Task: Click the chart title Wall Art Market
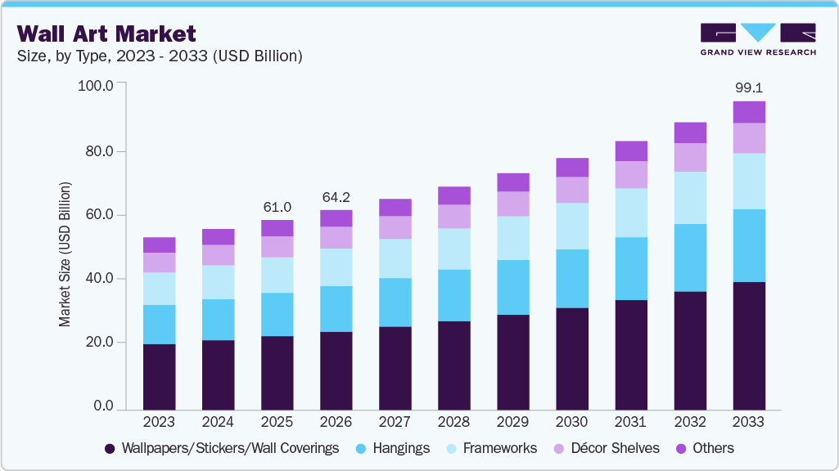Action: coord(106,34)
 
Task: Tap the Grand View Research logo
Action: coord(757,39)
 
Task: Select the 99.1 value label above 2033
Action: coord(748,87)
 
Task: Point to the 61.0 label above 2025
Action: coord(277,207)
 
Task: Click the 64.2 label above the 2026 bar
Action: coord(336,197)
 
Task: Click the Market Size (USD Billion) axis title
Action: coord(65,254)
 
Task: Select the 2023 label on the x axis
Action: coord(159,422)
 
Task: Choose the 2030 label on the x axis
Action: coord(571,422)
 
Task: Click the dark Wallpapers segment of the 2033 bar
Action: coord(748,345)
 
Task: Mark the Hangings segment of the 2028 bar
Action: coord(453,295)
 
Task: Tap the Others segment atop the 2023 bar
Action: coord(159,244)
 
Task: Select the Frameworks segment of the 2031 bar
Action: coord(630,213)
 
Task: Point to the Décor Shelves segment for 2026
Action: coord(336,237)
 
